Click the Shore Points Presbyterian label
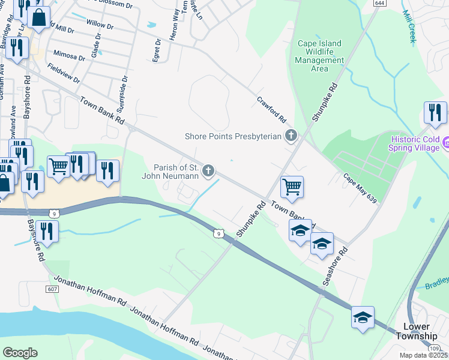(233, 136)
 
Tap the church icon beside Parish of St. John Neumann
(208, 172)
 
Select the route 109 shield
(433, 348)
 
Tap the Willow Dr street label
(100, 26)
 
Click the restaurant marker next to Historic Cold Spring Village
(435, 112)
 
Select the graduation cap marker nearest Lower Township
(363, 317)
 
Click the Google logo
(20, 353)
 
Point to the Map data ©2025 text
(423, 355)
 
